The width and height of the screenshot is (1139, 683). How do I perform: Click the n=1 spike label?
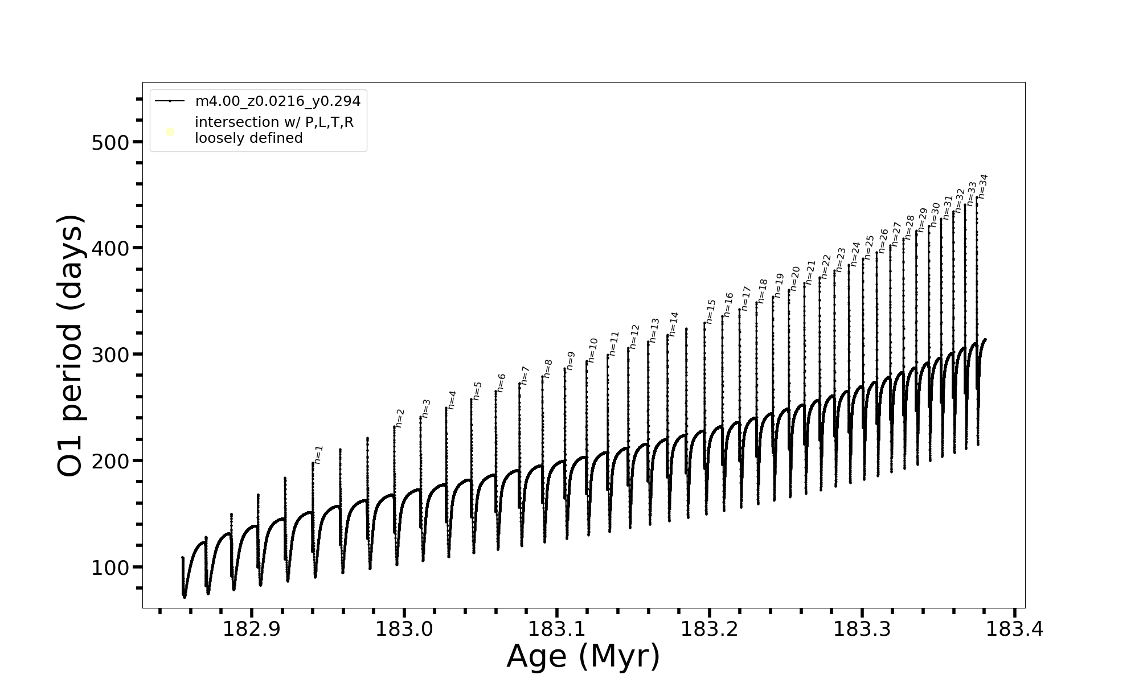(318, 455)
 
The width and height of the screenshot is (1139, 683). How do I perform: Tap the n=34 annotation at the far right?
(982, 186)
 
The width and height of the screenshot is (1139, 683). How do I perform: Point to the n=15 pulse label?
(710, 311)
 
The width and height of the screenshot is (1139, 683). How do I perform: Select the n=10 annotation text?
(592, 350)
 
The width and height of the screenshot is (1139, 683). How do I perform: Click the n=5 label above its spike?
(477, 390)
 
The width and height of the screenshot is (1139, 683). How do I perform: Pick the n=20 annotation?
(795, 279)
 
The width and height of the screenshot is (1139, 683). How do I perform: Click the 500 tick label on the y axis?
(110, 142)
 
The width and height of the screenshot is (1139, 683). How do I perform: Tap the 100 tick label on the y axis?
(110, 567)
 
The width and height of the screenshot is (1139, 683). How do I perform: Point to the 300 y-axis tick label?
(110, 355)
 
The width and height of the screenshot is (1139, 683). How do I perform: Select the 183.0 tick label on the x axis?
(404, 629)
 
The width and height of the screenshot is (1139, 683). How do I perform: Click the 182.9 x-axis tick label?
(251, 629)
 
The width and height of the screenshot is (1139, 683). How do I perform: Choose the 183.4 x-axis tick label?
(1014, 629)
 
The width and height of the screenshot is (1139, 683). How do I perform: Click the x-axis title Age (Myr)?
(583, 656)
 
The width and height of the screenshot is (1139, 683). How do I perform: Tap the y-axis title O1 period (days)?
(72, 345)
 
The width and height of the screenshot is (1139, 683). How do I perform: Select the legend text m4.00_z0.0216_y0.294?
(278, 101)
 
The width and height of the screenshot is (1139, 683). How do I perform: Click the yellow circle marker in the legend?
(170, 132)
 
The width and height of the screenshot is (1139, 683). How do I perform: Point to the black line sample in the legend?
(170, 101)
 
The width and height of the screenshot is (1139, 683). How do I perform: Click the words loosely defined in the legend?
(249, 138)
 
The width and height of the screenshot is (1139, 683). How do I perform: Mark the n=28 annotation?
(909, 227)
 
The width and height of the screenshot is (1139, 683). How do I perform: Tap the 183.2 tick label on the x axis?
(709, 629)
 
